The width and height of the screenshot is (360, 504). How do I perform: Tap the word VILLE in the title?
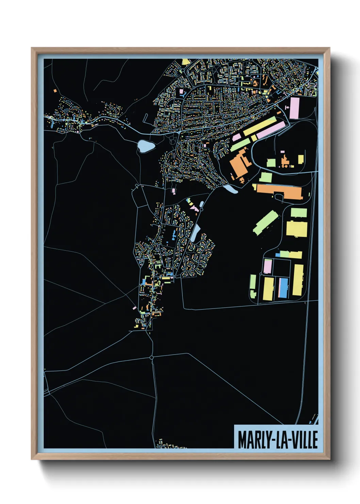click(x=303, y=440)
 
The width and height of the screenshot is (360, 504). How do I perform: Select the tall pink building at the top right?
click(x=294, y=108)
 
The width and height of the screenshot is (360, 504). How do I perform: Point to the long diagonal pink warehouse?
click(x=270, y=130)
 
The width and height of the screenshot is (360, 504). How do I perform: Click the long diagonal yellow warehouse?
click(x=259, y=126)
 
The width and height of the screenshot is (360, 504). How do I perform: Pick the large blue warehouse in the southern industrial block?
click(x=283, y=287)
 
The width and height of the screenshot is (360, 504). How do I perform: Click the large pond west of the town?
click(x=146, y=146)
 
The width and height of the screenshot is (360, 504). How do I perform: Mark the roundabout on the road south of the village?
click(x=151, y=358)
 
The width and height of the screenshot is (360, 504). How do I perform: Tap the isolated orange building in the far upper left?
click(x=55, y=91)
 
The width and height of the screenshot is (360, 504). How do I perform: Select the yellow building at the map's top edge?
click(x=185, y=62)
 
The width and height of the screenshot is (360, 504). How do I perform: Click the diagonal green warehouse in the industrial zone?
click(x=265, y=222)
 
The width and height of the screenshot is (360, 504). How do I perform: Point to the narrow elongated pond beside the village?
click(x=196, y=233)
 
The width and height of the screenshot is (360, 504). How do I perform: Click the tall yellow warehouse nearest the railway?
click(x=298, y=280)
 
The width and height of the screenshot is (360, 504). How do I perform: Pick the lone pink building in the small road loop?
click(x=174, y=190)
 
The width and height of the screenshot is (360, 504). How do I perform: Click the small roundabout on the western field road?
click(x=137, y=186)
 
